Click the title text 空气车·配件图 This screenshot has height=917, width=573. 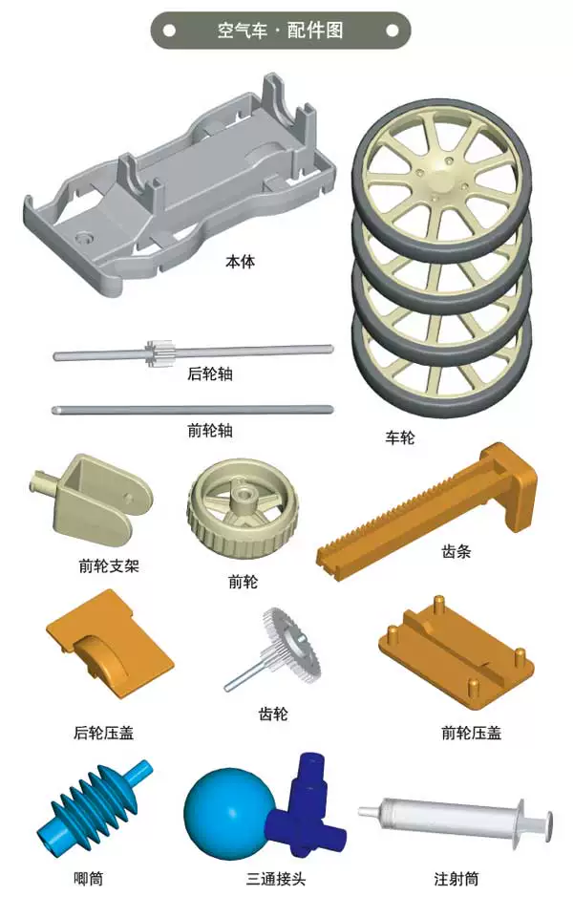pyautogui.click(x=280, y=30)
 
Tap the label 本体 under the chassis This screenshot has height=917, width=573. pyautogui.click(x=241, y=262)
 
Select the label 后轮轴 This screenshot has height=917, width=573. pyautogui.click(x=210, y=373)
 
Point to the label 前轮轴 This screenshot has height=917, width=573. pyautogui.click(x=210, y=431)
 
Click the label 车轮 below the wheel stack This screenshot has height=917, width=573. pyautogui.click(x=400, y=437)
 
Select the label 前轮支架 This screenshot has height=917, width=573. pyautogui.click(x=109, y=565)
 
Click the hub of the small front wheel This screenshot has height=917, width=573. pyautogui.click(x=242, y=497)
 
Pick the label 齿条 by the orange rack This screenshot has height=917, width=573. pyautogui.click(x=456, y=551)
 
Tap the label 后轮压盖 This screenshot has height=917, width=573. pyautogui.click(x=103, y=733)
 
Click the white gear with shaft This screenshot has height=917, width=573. pyautogui.click(x=274, y=650)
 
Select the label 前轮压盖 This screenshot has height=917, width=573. pyautogui.click(x=471, y=733)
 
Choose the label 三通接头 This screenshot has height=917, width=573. pyautogui.click(x=276, y=878)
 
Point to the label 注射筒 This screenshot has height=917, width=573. pyautogui.click(x=456, y=878)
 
